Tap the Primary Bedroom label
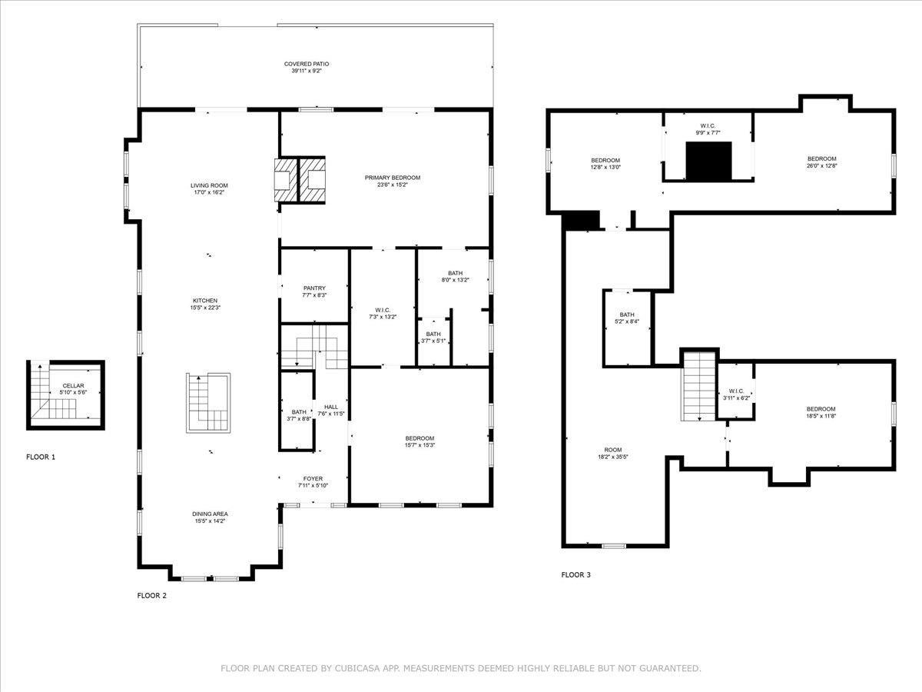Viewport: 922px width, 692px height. [x=392, y=178]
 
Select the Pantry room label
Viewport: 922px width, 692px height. [x=314, y=288]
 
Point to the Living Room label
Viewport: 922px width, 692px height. [x=209, y=185]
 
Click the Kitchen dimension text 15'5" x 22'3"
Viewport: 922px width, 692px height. [x=205, y=308]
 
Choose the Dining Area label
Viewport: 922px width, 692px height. [x=210, y=514]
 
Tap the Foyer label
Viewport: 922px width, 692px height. [x=313, y=478]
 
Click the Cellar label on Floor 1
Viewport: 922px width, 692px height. [x=74, y=386]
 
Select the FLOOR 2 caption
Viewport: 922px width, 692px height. [x=151, y=595]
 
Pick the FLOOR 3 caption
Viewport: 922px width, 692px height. [x=575, y=574]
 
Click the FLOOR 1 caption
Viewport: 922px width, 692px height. [x=41, y=457]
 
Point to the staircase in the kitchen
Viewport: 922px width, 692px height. [x=208, y=403]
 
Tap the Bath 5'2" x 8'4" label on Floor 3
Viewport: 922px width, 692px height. [x=627, y=314]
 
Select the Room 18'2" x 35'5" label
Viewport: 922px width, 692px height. [x=612, y=450]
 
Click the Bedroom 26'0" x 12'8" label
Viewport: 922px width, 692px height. [x=821, y=158]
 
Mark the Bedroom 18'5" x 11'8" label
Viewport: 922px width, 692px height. [x=821, y=409]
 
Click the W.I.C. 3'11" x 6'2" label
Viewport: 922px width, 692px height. [x=735, y=390]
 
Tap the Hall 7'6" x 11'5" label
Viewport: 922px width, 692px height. [x=331, y=407]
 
